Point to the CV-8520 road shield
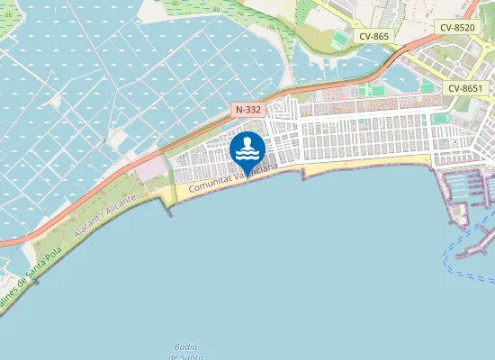pyautogui.click(x=457, y=28)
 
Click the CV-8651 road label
pyautogui.click(x=467, y=88)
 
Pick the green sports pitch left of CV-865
pyautogui.click(x=338, y=40)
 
